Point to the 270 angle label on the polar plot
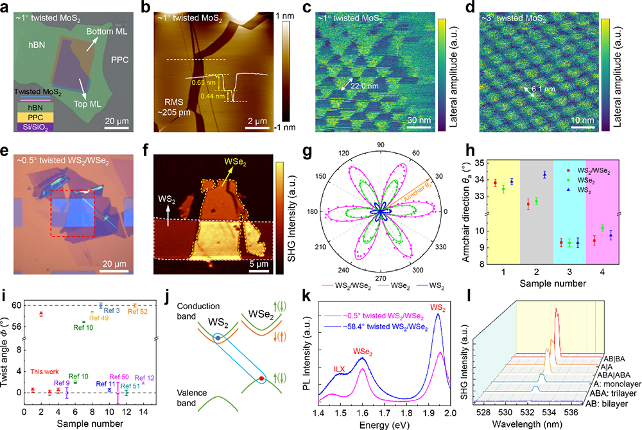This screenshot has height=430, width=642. point(380,271)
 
